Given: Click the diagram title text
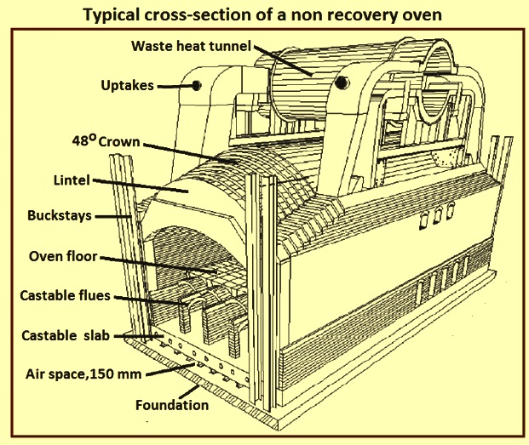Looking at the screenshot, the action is click(262, 14).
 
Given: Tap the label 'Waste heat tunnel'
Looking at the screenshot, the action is click(192, 46).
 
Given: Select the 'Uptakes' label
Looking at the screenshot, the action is click(127, 86).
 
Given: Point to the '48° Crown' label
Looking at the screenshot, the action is click(106, 140).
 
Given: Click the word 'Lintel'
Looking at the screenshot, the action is click(72, 180).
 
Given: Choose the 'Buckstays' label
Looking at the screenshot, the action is click(60, 215).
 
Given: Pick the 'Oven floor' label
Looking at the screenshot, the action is click(63, 256).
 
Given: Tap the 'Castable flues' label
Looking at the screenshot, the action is click(65, 295).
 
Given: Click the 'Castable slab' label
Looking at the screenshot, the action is click(66, 335).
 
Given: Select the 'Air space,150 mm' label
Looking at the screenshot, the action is click(83, 374).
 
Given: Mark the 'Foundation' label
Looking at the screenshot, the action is click(172, 405).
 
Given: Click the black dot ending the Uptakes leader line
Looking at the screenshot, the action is click(196, 85).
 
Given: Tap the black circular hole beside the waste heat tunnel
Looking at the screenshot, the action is click(342, 82).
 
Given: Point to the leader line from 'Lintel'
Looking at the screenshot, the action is click(140, 186).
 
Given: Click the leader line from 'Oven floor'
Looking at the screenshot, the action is click(158, 265).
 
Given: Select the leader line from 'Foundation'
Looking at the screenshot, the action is click(188, 391).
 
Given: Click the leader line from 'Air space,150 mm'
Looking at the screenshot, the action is click(169, 369).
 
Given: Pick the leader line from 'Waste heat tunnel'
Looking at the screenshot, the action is click(283, 60).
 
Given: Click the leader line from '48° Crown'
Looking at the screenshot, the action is click(191, 153).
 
